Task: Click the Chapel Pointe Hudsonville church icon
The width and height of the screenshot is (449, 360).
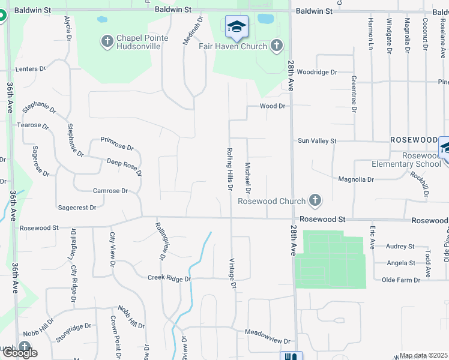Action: click(x=107, y=41)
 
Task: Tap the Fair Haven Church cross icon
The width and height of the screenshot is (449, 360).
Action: click(x=276, y=46)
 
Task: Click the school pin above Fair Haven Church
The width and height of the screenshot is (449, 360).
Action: click(x=237, y=27)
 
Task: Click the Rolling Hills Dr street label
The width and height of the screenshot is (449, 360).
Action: click(x=229, y=169)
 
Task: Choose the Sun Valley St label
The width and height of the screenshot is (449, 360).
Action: click(x=318, y=140)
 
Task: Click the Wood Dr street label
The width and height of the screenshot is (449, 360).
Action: click(x=272, y=106)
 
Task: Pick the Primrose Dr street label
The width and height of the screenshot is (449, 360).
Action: click(x=117, y=143)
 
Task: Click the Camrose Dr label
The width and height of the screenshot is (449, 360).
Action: click(x=110, y=191)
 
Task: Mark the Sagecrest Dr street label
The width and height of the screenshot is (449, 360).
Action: click(x=77, y=208)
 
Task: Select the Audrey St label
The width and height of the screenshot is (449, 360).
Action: click(x=400, y=246)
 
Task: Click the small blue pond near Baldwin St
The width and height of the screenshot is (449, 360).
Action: click(x=265, y=19)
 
